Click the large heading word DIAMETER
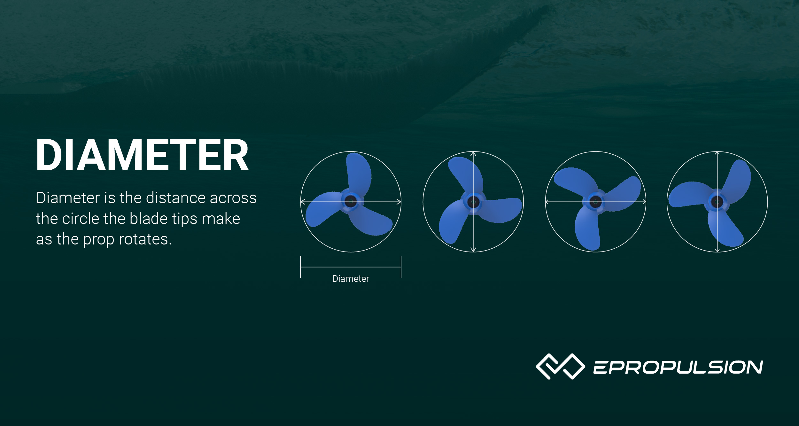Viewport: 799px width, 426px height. coord(142,155)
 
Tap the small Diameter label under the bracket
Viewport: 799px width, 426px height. coord(351,279)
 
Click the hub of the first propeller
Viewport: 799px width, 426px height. coord(351,201)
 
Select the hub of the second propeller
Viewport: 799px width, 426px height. coord(473,202)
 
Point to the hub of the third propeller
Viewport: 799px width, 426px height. coord(595,202)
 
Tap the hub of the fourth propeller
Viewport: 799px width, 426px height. coord(717,202)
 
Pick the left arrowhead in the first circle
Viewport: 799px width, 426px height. coord(302,202)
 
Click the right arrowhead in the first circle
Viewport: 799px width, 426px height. coord(399,202)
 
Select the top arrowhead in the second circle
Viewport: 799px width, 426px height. coord(473,154)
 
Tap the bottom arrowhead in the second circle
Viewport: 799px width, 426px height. coord(473,250)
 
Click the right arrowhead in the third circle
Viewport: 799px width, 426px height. coord(644,202)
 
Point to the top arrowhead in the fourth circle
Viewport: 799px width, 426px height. coord(717,154)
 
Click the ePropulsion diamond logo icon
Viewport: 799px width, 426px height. coord(560,366)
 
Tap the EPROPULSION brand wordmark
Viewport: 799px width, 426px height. coord(678,367)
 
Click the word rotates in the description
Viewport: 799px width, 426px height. coord(144,239)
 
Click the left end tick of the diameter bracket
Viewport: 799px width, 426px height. coord(300,267)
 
